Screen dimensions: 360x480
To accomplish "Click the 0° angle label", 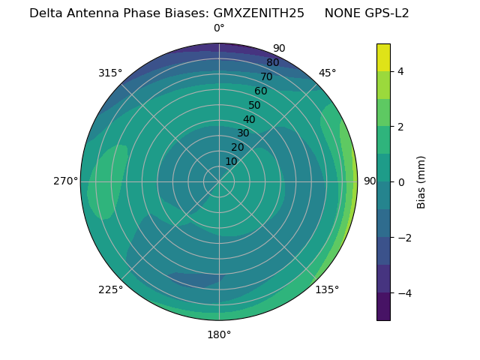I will [x=219, y=28].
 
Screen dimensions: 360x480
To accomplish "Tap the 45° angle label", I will [x=327, y=73].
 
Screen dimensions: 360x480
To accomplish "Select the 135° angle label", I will [x=327, y=289].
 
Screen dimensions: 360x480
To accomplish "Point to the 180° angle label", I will [x=219, y=334].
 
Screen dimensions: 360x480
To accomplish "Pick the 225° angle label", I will [x=110, y=289].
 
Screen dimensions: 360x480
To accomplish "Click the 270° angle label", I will [x=66, y=181].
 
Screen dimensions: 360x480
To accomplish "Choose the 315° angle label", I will [x=110, y=73].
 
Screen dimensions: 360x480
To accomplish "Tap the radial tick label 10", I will [x=231, y=161].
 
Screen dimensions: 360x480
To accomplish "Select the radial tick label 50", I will [x=254, y=105].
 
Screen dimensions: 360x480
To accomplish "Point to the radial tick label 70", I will [x=266, y=76].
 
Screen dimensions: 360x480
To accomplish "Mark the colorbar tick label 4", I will [x=401, y=71].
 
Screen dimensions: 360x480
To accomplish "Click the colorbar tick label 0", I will [x=401, y=181].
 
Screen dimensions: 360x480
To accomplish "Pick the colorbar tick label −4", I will [x=403, y=292].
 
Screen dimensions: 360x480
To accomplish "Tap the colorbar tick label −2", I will [x=403, y=237].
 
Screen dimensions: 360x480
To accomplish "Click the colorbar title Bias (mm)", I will [x=421, y=181].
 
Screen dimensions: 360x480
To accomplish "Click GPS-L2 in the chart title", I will [x=388, y=13].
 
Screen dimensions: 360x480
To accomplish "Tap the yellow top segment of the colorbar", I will [x=383, y=57].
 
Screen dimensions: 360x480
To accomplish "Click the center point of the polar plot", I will [x=219, y=181].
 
